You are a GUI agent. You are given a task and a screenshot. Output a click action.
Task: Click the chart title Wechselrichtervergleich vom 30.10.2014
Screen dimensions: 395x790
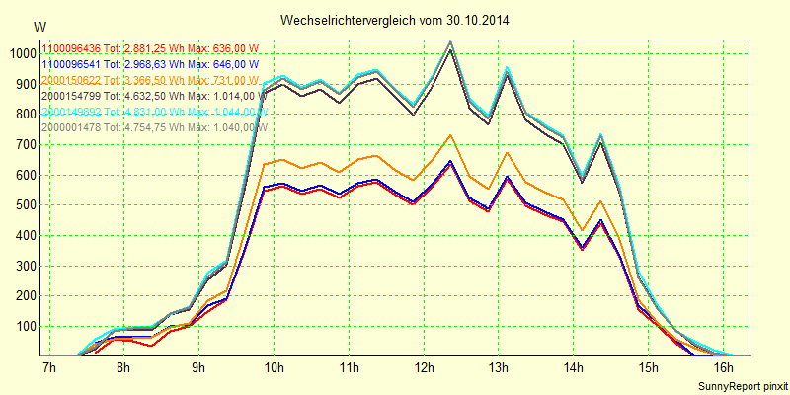point(395,20)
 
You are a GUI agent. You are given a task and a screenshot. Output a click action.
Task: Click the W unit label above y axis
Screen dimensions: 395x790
point(39,26)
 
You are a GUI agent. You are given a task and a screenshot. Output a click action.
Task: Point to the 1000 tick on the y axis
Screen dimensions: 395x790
point(21,53)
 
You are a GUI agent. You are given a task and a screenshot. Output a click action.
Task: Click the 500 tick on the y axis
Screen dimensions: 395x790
point(24,205)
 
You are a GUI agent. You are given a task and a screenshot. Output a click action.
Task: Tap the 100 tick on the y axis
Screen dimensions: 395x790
point(24,327)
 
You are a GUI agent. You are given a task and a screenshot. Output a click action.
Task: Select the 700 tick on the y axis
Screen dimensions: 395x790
point(24,145)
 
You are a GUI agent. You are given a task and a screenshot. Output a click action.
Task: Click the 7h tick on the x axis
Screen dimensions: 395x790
point(48,368)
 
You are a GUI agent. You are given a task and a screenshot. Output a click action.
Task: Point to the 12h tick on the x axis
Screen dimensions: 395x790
point(423,368)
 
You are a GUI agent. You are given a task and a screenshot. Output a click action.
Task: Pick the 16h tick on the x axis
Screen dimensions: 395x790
point(723,368)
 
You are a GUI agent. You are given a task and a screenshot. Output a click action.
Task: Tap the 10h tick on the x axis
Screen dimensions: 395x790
point(274,368)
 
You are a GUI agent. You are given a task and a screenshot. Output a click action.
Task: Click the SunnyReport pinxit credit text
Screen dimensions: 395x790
point(743,385)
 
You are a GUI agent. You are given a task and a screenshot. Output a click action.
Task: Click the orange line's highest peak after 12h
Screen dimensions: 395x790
point(449,135)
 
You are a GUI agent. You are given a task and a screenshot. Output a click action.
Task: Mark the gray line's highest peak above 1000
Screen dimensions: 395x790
point(450,41)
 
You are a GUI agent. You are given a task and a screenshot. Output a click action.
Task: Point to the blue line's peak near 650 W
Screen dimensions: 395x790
point(449,161)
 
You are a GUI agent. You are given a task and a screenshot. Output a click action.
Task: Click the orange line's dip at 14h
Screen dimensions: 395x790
point(583,230)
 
